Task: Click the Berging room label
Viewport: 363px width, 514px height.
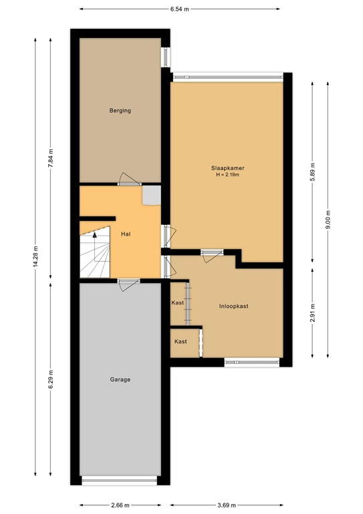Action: [x=120, y=110]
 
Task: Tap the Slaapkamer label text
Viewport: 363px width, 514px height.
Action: [x=227, y=168]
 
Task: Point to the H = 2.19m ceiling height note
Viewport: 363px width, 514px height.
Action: [x=227, y=175]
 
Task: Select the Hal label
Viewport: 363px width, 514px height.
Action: [x=126, y=234]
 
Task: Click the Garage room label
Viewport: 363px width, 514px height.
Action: [x=120, y=379]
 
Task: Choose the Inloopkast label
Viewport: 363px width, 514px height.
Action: [x=234, y=306]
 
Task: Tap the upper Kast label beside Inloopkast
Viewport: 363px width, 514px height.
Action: [x=178, y=303]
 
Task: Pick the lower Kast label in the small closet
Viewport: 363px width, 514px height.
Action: [x=180, y=341]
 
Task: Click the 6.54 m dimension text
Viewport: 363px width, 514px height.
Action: [x=179, y=9]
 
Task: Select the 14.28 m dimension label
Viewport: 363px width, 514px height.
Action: [x=35, y=256]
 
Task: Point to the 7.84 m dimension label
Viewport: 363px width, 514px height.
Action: [x=50, y=158]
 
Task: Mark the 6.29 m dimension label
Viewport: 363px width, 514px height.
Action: [x=50, y=379]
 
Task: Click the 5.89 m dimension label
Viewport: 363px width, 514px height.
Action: [x=312, y=173]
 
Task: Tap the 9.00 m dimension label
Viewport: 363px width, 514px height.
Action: [x=328, y=220]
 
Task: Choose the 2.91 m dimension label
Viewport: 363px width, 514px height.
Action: [x=312, y=313]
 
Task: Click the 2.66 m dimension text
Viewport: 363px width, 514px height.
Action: [x=120, y=505]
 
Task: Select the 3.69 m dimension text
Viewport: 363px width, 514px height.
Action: [x=227, y=505]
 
